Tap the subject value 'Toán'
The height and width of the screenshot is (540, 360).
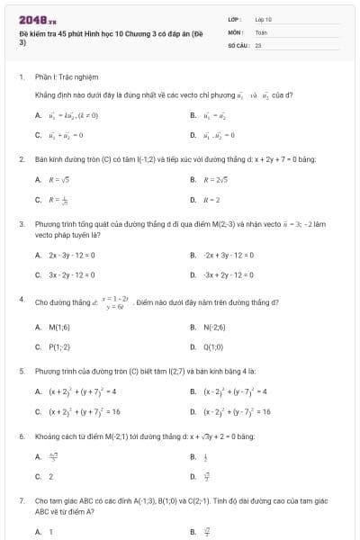pyautogui.click(x=261, y=31)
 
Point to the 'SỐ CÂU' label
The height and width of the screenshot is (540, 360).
pyautogui.click(x=238, y=42)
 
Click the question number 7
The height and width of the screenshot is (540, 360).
pyautogui.click(x=21, y=499)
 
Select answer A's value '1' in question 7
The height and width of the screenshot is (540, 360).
pyautogui.click(x=51, y=531)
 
